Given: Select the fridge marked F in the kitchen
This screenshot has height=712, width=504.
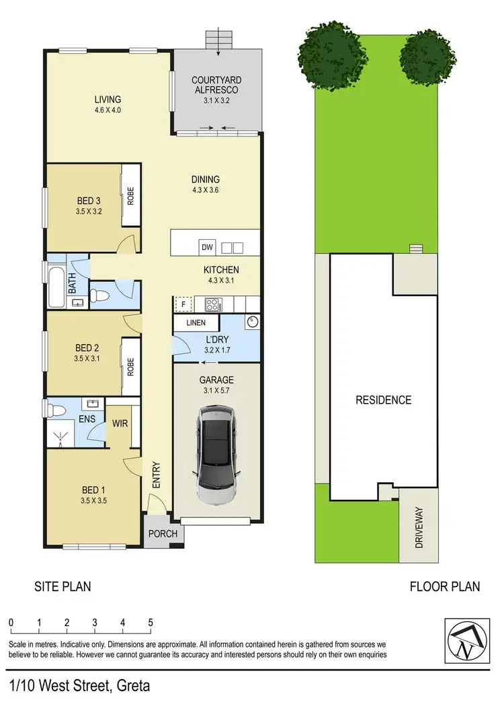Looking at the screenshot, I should [x=182, y=304].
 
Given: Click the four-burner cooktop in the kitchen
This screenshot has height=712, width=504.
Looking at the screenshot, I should [x=212, y=304].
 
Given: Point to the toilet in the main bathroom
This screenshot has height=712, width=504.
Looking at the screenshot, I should [x=101, y=294].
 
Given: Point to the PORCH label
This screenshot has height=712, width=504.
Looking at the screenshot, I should [x=163, y=534].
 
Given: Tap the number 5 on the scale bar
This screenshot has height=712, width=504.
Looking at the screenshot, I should [x=151, y=622].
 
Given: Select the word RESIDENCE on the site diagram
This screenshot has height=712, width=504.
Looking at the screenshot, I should [x=383, y=400].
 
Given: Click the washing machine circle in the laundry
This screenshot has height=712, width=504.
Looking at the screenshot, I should [x=251, y=322].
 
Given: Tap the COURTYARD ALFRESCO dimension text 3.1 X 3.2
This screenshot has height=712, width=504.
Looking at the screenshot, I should [x=216, y=100].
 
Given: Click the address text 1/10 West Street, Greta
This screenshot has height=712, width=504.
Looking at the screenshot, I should [x=80, y=686].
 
